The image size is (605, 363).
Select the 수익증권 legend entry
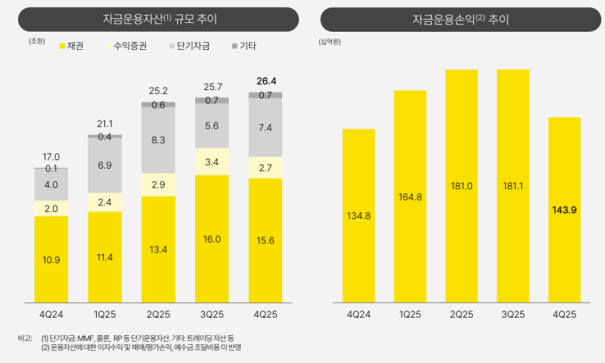pyautogui.click(x=125, y=46)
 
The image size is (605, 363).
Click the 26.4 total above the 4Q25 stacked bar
pyautogui.click(x=265, y=80)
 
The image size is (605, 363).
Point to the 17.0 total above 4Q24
pyautogui.click(x=51, y=157)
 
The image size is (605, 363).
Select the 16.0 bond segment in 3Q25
pyautogui.click(x=212, y=239)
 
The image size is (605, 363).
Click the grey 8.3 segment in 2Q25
pyautogui.click(x=159, y=139)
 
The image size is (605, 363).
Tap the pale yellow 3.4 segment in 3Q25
pyautogui.click(x=212, y=162)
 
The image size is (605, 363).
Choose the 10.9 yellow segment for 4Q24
pyautogui.click(x=51, y=259)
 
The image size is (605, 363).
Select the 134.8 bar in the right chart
pyautogui.click(x=358, y=216)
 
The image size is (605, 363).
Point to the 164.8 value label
pyautogui.click(x=410, y=197)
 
